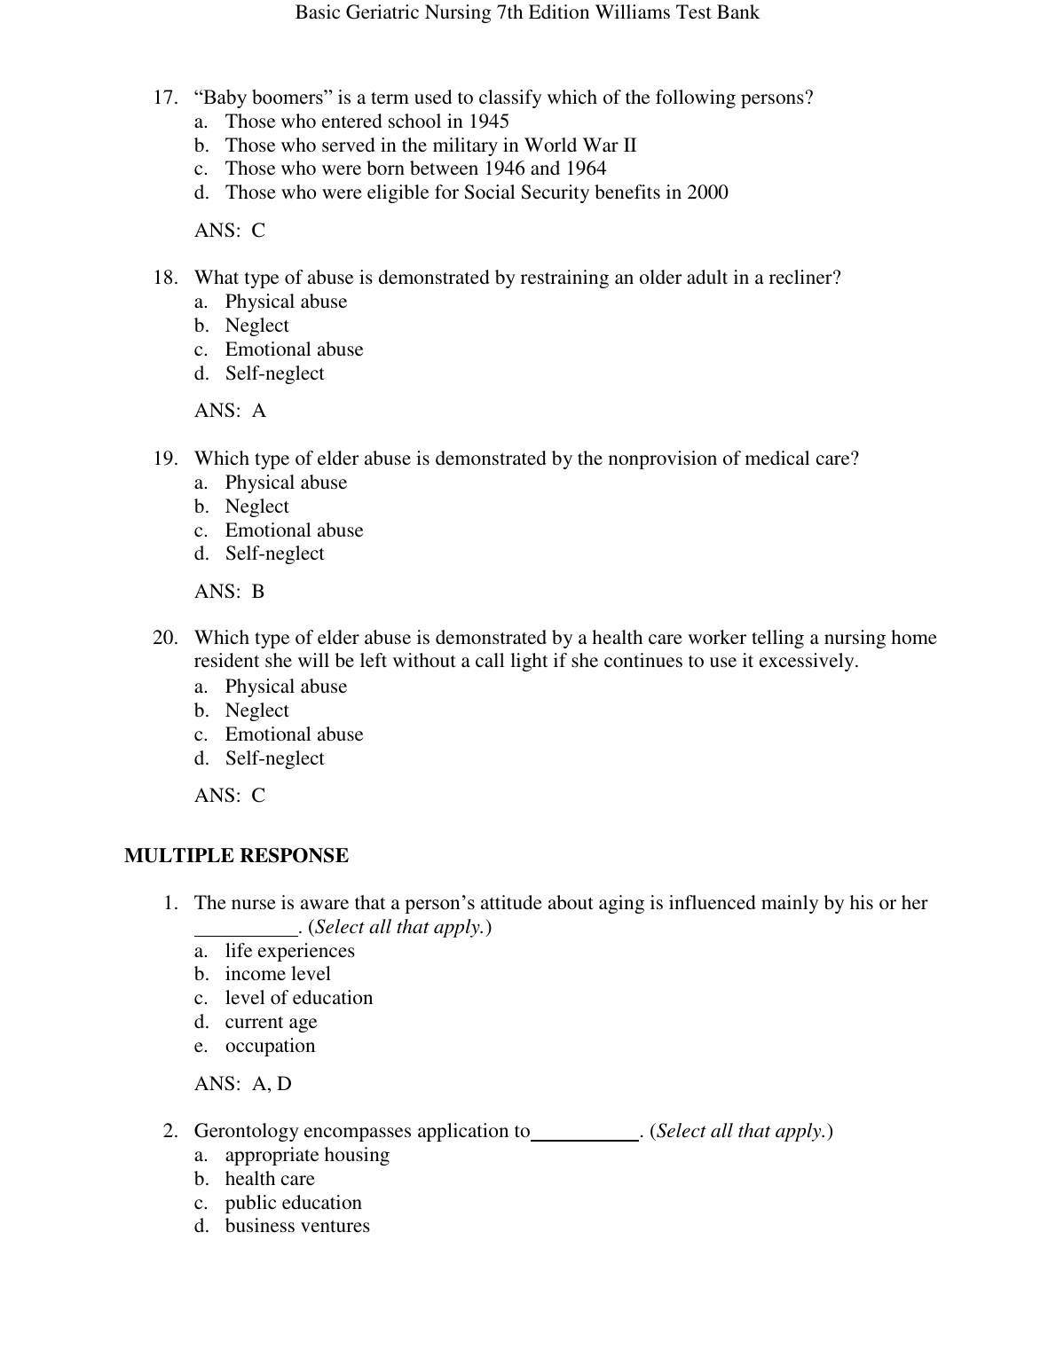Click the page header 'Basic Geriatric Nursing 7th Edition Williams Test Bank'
(527, 12)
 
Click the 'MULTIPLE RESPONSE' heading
(236, 856)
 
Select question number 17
(166, 98)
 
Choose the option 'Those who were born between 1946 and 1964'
(415, 169)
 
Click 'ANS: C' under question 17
(230, 231)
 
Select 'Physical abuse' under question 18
(286, 302)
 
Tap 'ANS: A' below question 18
(230, 411)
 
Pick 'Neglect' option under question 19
(256, 506)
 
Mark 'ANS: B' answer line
(230, 592)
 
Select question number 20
(166, 638)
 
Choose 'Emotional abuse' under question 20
(294, 734)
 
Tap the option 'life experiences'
(289, 951)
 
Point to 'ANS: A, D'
(243, 1084)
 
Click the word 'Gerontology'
(246, 1131)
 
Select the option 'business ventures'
(297, 1226)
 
